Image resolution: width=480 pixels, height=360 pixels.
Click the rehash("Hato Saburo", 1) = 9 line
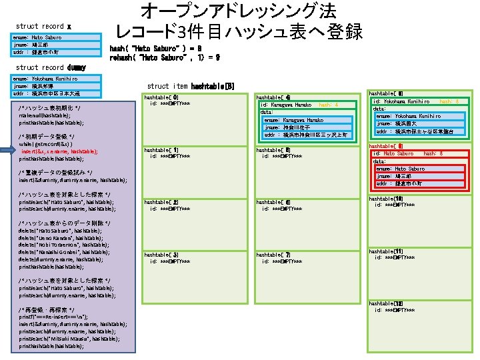[165, 57]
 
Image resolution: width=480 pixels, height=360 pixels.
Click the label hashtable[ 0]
[162, 97]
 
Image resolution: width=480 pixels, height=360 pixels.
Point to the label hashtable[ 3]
[162, 254]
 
